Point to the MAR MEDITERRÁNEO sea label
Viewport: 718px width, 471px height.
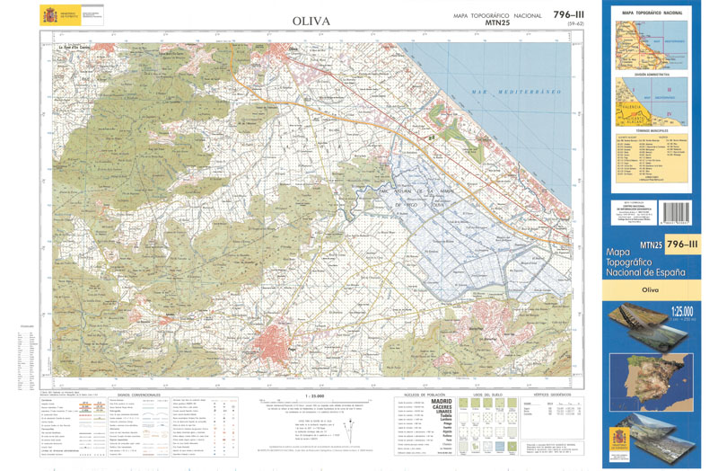point(518,93)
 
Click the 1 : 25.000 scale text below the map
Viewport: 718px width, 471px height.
point(312,395)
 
